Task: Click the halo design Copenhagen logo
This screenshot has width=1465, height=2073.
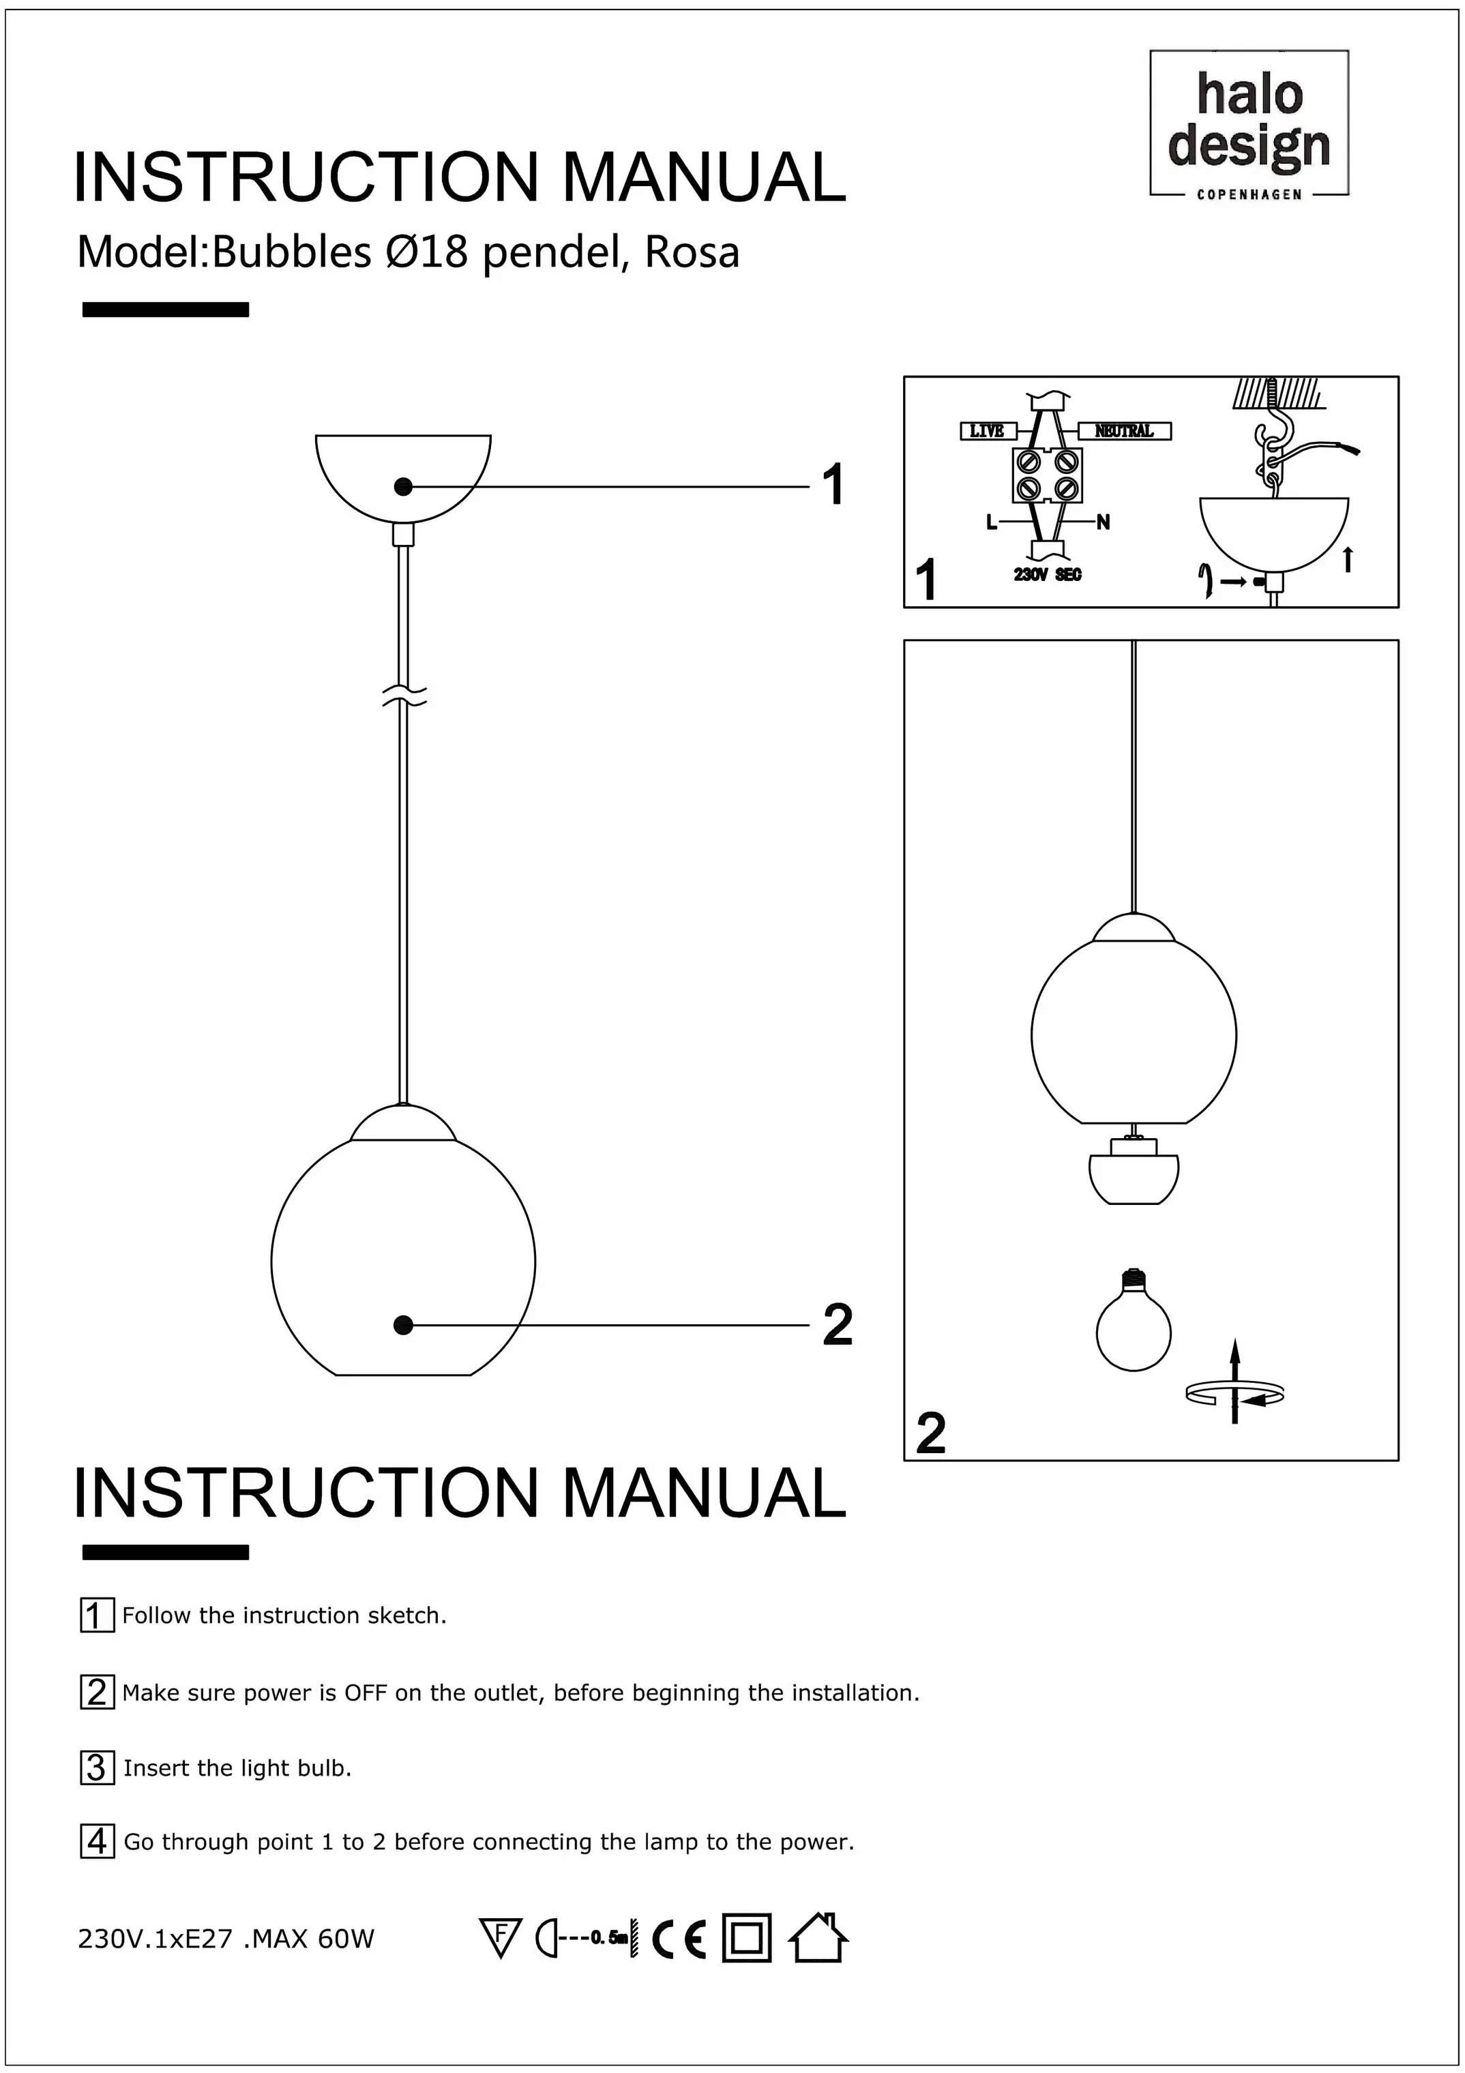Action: tap(1248, 123)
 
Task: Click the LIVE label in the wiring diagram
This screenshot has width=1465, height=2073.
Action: tap(987, 431)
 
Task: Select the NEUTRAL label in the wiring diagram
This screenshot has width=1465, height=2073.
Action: tap(1125, 431)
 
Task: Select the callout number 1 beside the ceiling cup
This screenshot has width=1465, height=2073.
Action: tap(833, 485)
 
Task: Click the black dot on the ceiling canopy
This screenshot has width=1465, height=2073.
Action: tap(404, 487)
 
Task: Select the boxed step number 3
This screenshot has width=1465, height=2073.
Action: tap(98, 1767)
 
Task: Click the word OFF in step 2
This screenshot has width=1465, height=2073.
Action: tap(365, 1693)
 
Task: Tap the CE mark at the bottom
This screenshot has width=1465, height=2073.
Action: tap(679, 1939)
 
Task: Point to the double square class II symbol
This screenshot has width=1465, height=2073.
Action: tap(747, 1939)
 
